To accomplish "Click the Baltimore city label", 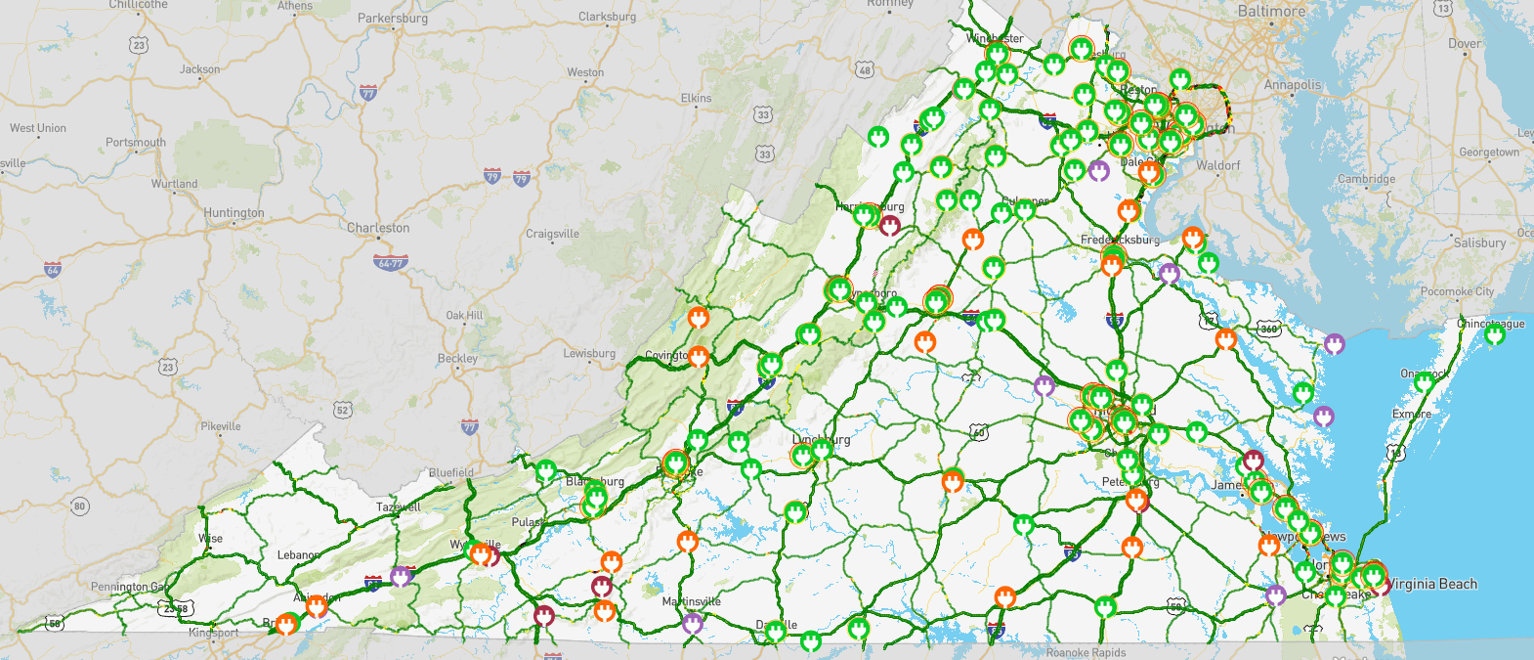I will pyautogui.click(x=1271, y=11).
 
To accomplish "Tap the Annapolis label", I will pyautogui.click(x=1292, y=85).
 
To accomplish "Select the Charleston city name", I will pyautogui.click(x=378, y=228).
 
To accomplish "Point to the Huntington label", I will pyautogui.click(x=234, y=213).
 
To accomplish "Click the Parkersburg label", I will pyautogui.click(x=393, y=19).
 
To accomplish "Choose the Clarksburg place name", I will pyautogui.click(x=607, y=17).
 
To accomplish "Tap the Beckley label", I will pyautogui.click(x=457, y=359).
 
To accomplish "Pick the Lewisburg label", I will pyautogui.click(x=589, y=354).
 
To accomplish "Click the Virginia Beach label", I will pyautogui.click(x=1431, y=584).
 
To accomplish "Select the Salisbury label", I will pyautogui.click(x=1479, y=242).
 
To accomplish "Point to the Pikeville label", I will pyautogui.click(x=221, y=426).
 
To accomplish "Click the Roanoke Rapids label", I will pyautogui.click(x=1086, y=652).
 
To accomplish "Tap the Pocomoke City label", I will pyautogui.click(x=1457, y=291).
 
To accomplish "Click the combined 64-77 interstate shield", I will pyautogui.click(x=391, y=263).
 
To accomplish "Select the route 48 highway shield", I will pyautogui.click(x=865, y=69).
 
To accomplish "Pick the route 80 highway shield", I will pyautogui.click(x=80, y=506).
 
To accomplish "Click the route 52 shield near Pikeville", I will pyautogui.click(x=343, y=410).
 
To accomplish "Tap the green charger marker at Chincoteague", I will pyautogui.click(x=1494, y=335).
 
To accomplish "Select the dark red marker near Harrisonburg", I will pyautogui.click(x=890, y=226).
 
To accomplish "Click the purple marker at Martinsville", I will pyautogui.click(x=693, y=622).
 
